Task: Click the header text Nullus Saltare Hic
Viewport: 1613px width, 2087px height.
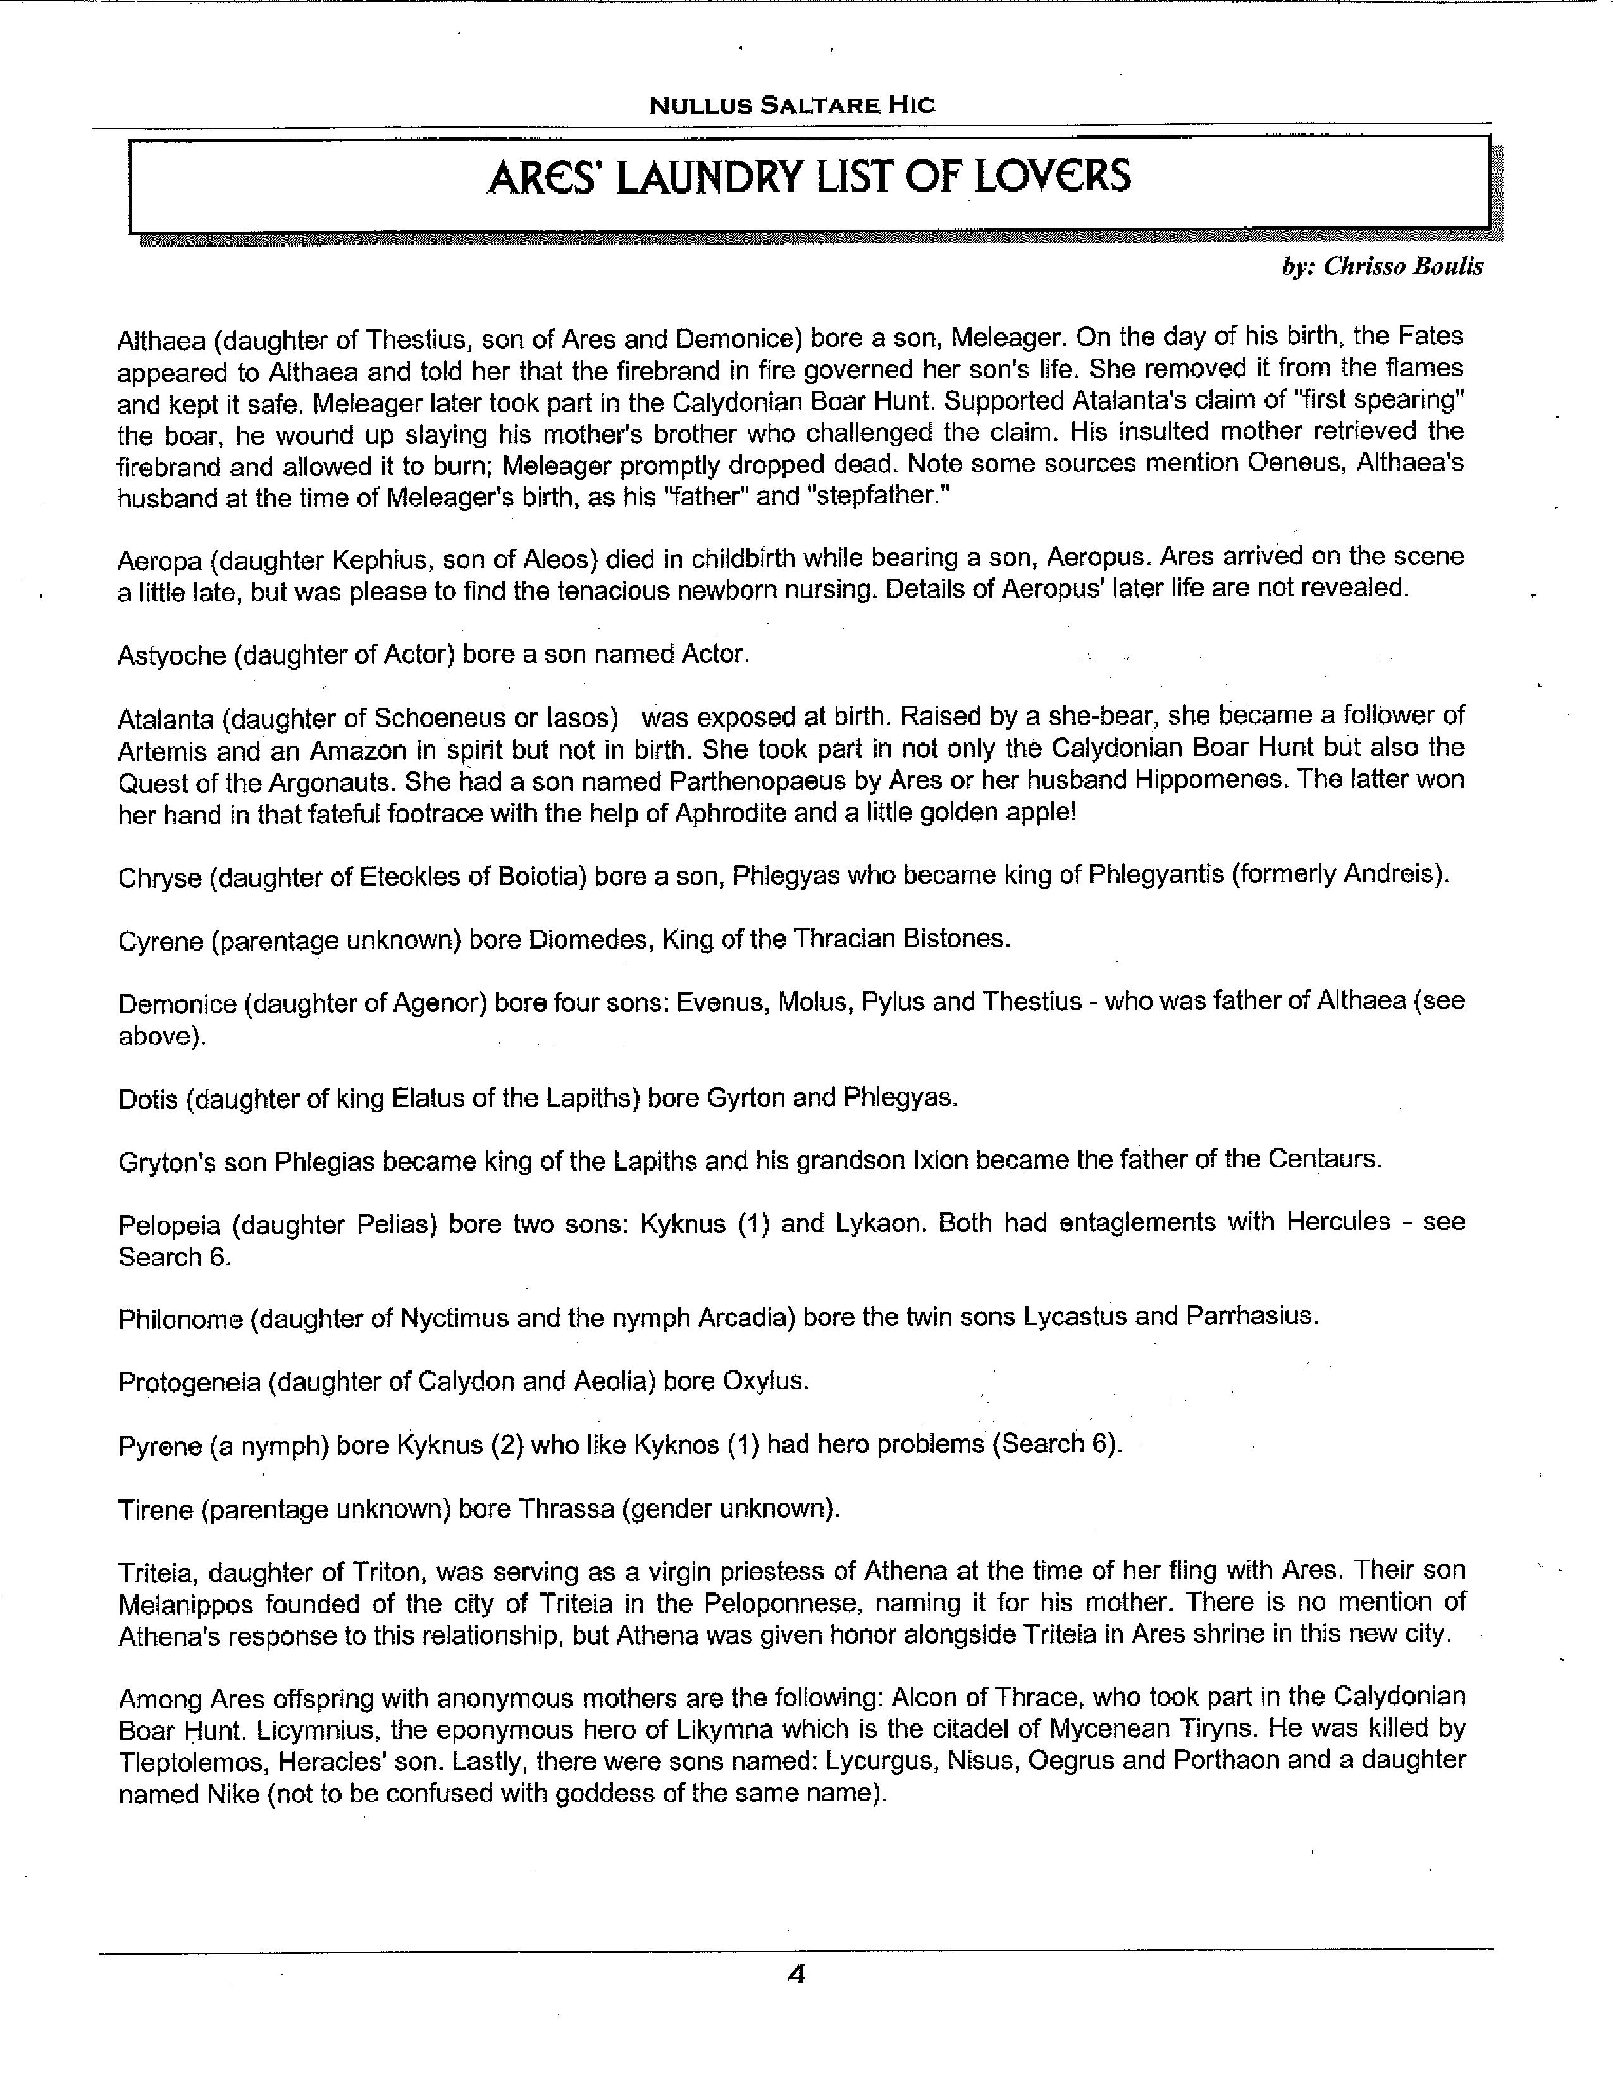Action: [791, 104]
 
